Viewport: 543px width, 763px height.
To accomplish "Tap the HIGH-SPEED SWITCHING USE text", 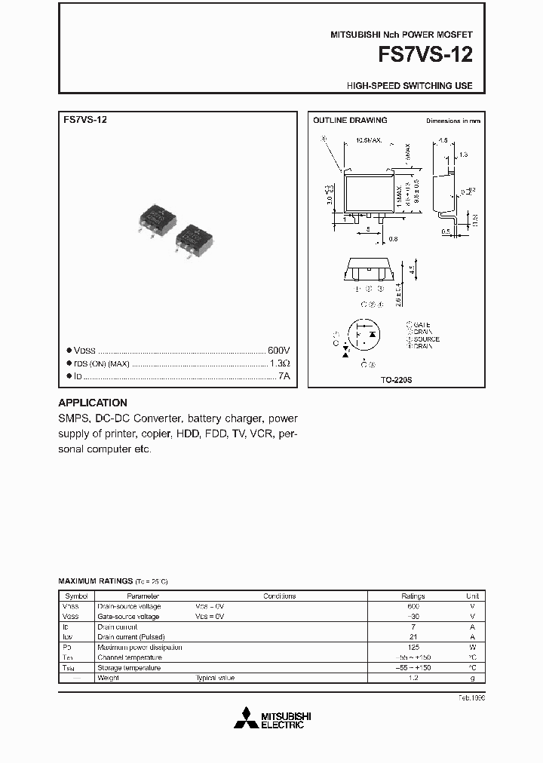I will pyautogui.click(x=410, y=86).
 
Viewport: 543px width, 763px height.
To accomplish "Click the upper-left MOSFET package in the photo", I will pyautogui.click(x=158, y=216).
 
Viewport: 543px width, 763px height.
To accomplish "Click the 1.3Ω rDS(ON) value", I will pyautogui.click(x=279, y=363).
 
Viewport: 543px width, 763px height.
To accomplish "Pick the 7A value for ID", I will pyautogui.click(x=283, y=375).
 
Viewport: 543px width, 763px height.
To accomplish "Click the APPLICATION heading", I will pyautogui.click(x=93, y=403).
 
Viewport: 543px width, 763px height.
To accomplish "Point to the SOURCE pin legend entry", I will pyautogui.click(x=426, y=339).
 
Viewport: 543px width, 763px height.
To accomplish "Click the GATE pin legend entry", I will pyautogui.click(x=423, y=324).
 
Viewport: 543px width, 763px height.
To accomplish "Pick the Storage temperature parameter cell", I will pyautogui.click(x=129, y=668).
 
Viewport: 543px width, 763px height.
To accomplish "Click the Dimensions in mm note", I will pyautogui.click(x=452, y=121).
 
